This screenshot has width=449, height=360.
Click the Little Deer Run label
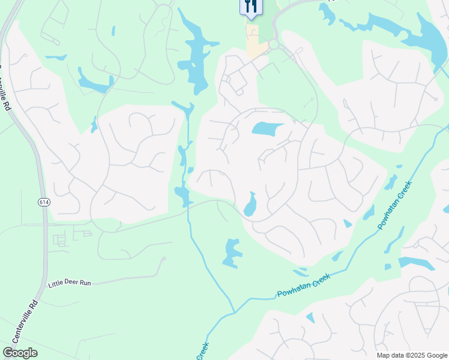(x=70, y=282)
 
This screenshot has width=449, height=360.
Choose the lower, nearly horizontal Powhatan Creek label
(x=304, y=286)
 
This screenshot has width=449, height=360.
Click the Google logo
(x=20, y=353)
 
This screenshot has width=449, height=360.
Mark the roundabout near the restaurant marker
(x=274, y=45)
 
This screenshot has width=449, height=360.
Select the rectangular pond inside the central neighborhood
(x=267, y=128)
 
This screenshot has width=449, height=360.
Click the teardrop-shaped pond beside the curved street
(x=250, y=205)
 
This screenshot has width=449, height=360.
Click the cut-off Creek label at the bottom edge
(x=202, y=351)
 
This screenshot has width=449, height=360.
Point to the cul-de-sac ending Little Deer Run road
(x=163, y=260)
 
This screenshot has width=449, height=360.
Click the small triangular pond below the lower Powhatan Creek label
(x=310, y=317)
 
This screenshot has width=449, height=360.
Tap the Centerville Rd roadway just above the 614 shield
(x=41, y=180)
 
